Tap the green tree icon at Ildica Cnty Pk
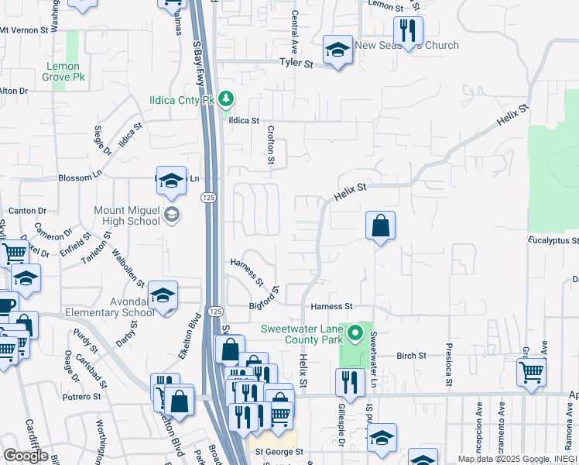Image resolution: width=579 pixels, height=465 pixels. click(226, 99)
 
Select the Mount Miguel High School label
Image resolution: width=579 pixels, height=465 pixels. click(127, 215)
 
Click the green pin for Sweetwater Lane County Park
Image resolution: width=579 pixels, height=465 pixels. click(355, 334)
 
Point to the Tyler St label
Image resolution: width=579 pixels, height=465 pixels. click(296, 64)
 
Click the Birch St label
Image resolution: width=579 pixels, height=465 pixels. click(411, 356)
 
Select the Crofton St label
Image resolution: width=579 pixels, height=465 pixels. click(272, 146)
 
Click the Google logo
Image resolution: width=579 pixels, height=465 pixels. click(26, 456)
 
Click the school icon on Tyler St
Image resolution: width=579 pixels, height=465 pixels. click(337, 50)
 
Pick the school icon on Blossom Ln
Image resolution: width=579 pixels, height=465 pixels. click(172, 181)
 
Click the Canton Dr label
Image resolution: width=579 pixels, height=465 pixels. click(28, 211)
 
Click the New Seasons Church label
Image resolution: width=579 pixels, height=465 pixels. click(406, 45)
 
